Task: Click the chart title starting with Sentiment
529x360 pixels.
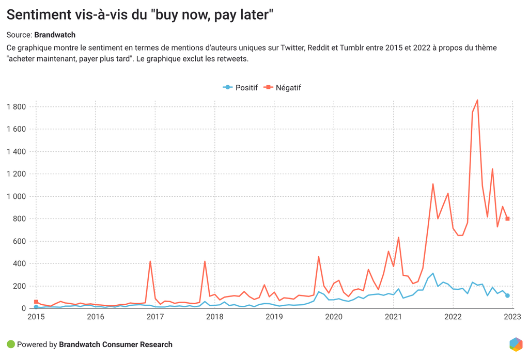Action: [139, 15]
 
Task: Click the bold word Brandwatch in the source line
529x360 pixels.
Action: [55, 35]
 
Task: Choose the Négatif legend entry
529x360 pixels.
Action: [283, 88]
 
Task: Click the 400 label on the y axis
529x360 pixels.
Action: [20, 263]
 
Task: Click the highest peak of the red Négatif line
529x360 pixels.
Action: [477, 100]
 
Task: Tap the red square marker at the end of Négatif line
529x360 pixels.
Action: [507, 219]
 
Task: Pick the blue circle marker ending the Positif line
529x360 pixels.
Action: [507, 295]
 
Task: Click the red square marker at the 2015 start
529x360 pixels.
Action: [36, 302]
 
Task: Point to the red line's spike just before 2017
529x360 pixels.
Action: [150, 261]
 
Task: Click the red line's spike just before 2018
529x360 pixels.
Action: [205, 261]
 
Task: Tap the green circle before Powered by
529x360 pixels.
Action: [10, 345]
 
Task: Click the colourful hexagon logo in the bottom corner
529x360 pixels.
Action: [516, 345]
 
